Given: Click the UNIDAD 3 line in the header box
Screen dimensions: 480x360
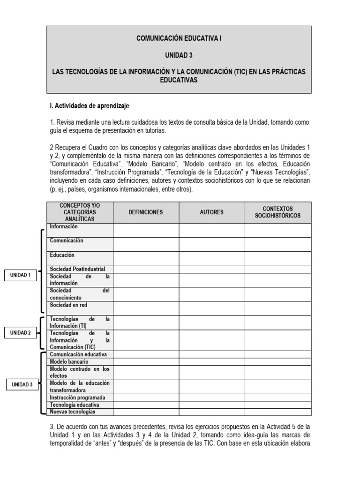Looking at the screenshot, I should (x=179, y=55).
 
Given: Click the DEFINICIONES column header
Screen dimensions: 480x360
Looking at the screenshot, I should (x=146, y=212).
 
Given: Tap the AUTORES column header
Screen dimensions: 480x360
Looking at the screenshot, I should (x=211, y=212).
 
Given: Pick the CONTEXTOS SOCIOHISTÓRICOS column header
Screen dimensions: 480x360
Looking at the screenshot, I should (x=277, y=212).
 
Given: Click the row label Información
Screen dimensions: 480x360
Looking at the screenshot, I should (x=64, y=227).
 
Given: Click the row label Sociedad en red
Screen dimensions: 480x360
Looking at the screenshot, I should (x=68, y=305).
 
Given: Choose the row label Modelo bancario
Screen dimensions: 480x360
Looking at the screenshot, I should (x=69, y=362).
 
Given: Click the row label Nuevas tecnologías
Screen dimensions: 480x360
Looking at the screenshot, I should (x=73, y=412).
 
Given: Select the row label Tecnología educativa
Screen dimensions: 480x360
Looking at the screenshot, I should (x=75, y=405).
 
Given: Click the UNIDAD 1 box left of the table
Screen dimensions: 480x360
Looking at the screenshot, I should (x=21, y=276).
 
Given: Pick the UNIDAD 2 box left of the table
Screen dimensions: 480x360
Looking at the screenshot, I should (x=21, y=333).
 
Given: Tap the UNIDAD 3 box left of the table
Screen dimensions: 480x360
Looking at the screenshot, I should (x=22, y=385).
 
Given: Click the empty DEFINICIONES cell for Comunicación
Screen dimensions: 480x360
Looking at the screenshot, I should (x=146, y=244).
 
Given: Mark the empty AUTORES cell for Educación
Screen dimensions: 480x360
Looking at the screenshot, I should (x=211, y=259).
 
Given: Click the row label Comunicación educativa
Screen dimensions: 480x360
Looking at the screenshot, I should (x=78, y=354).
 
